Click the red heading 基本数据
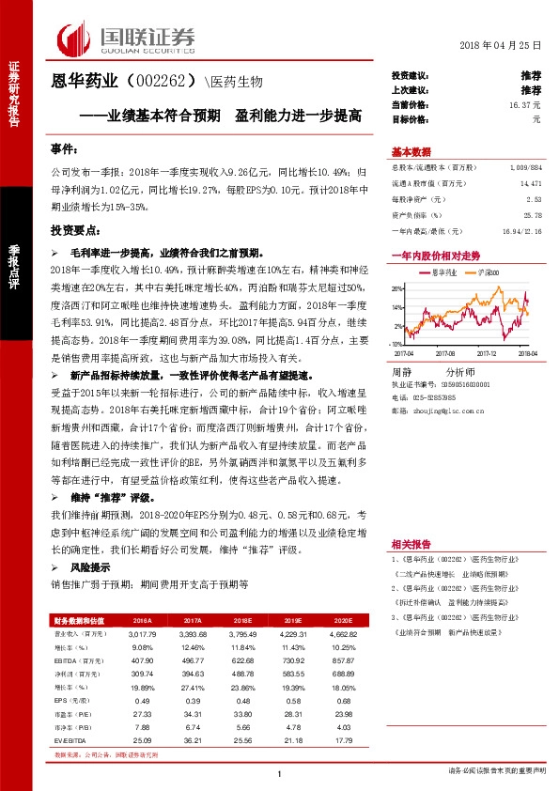tap(411, 152)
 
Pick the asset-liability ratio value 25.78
tap(534, 215)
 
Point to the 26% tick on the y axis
tap(397, 288)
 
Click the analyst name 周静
tap(402, 372)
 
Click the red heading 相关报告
tap(410, 545)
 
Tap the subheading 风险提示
tap(90, 567)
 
